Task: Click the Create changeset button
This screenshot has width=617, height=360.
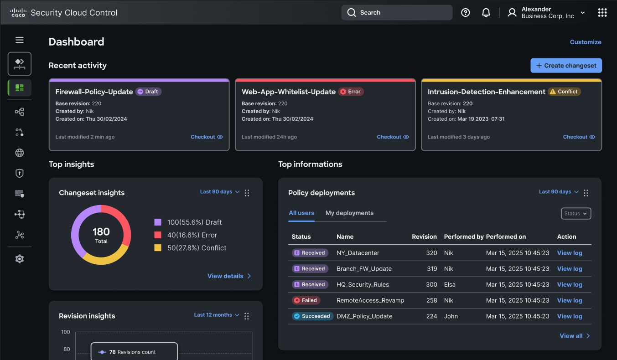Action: pyautogui.click(x=566, y=66)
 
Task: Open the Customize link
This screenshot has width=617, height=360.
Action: pyautogui.click(x=586, y=42)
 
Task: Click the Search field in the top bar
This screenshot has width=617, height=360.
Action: pyautogui.click(x=397, y=13)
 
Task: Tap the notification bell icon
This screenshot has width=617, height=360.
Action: pyautogui.click(x=486, y=13)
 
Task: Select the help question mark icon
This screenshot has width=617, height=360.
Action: pyautogui.click(x=465, y=13)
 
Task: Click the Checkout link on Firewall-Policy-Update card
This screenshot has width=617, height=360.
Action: pyautogui.click(x=207, y=137)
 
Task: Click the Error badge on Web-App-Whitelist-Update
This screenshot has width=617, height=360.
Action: pyautogui.click(x=351, y=92)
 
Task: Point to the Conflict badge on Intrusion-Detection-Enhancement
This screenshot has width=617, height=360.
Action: pyautogui.click(x=564, y=92)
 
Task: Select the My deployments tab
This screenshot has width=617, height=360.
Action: pyautogui.click(x=349, y=213)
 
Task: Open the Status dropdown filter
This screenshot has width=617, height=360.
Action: pyautogui.click(x=576, y=213)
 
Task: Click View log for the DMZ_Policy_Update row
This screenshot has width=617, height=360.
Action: pyautogui.click(x=570, y=316)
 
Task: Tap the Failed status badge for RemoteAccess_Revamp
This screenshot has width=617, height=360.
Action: pyautogui.click(x=306, y=300)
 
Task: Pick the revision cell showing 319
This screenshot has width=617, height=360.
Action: pyautogui.click(x=431, y=269)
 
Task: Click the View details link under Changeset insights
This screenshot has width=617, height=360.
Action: pyautogui.click(x=229, y=276)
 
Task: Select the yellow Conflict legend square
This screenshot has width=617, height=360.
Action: pyautogui.click(x=158, y=248)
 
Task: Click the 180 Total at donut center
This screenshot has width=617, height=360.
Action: pyautogui.click(x=101, y=235)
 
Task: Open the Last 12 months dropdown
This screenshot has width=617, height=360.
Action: pyautogui.click(x=216, y=315)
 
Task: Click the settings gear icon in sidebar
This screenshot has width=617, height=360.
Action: pyautogui.click(x=19, y=259)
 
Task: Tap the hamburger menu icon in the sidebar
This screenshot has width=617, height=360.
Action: pyautogui.click(x=19, y=40)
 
